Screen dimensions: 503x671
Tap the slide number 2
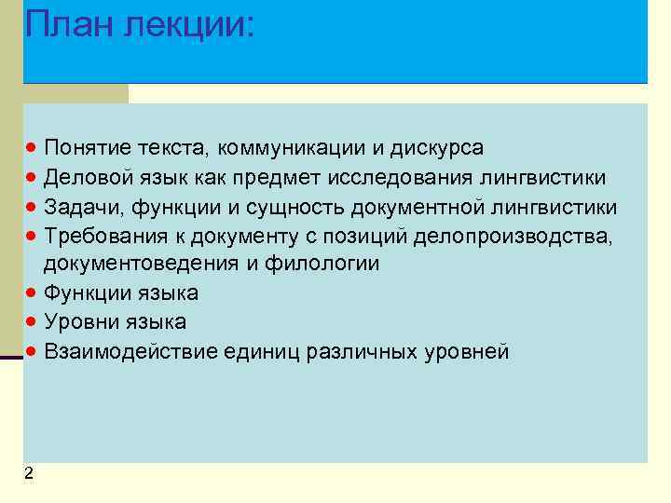[x=29, y=474]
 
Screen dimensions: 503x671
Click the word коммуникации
[x=298, y=149]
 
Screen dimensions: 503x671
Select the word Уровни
[x=82, y=322]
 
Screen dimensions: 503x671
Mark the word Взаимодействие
[x=126, y=351]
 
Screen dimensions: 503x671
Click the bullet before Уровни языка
[x=32, y=322]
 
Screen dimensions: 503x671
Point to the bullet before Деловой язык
[x=32, y=178]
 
